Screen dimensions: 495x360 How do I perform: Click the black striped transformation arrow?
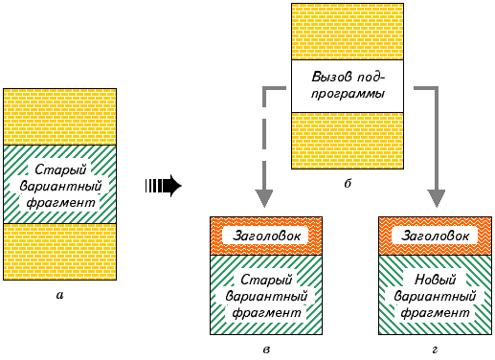(163, 186)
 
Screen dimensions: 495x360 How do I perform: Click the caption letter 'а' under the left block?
(59, 296)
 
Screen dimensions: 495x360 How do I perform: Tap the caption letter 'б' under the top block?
(348, 183)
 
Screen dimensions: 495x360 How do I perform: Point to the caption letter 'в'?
(266, 350)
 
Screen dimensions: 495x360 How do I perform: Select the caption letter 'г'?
(435, 350)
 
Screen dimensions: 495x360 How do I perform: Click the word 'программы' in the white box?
(348, 94)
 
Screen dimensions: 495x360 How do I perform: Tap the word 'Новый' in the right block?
(435, 280)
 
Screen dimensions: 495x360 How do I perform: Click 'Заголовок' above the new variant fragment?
(435, 236)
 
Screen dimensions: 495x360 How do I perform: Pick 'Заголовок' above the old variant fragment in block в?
(266, 236)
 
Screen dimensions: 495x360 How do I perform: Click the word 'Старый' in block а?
(60, 169)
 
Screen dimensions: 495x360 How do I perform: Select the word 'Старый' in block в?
(266, 280)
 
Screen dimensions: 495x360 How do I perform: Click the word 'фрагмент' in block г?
(435, 313)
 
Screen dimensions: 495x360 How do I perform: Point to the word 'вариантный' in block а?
(60, 186)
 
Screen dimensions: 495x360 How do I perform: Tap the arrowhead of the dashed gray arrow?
(264, 198)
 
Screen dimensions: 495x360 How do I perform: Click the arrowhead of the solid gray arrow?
(437, 198)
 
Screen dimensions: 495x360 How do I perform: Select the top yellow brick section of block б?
(348, 32)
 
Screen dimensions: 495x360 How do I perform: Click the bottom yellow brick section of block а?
(60, 252)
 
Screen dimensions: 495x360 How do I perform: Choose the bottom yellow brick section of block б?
(348, 141)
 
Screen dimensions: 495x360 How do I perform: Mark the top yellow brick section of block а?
(60, 117)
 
